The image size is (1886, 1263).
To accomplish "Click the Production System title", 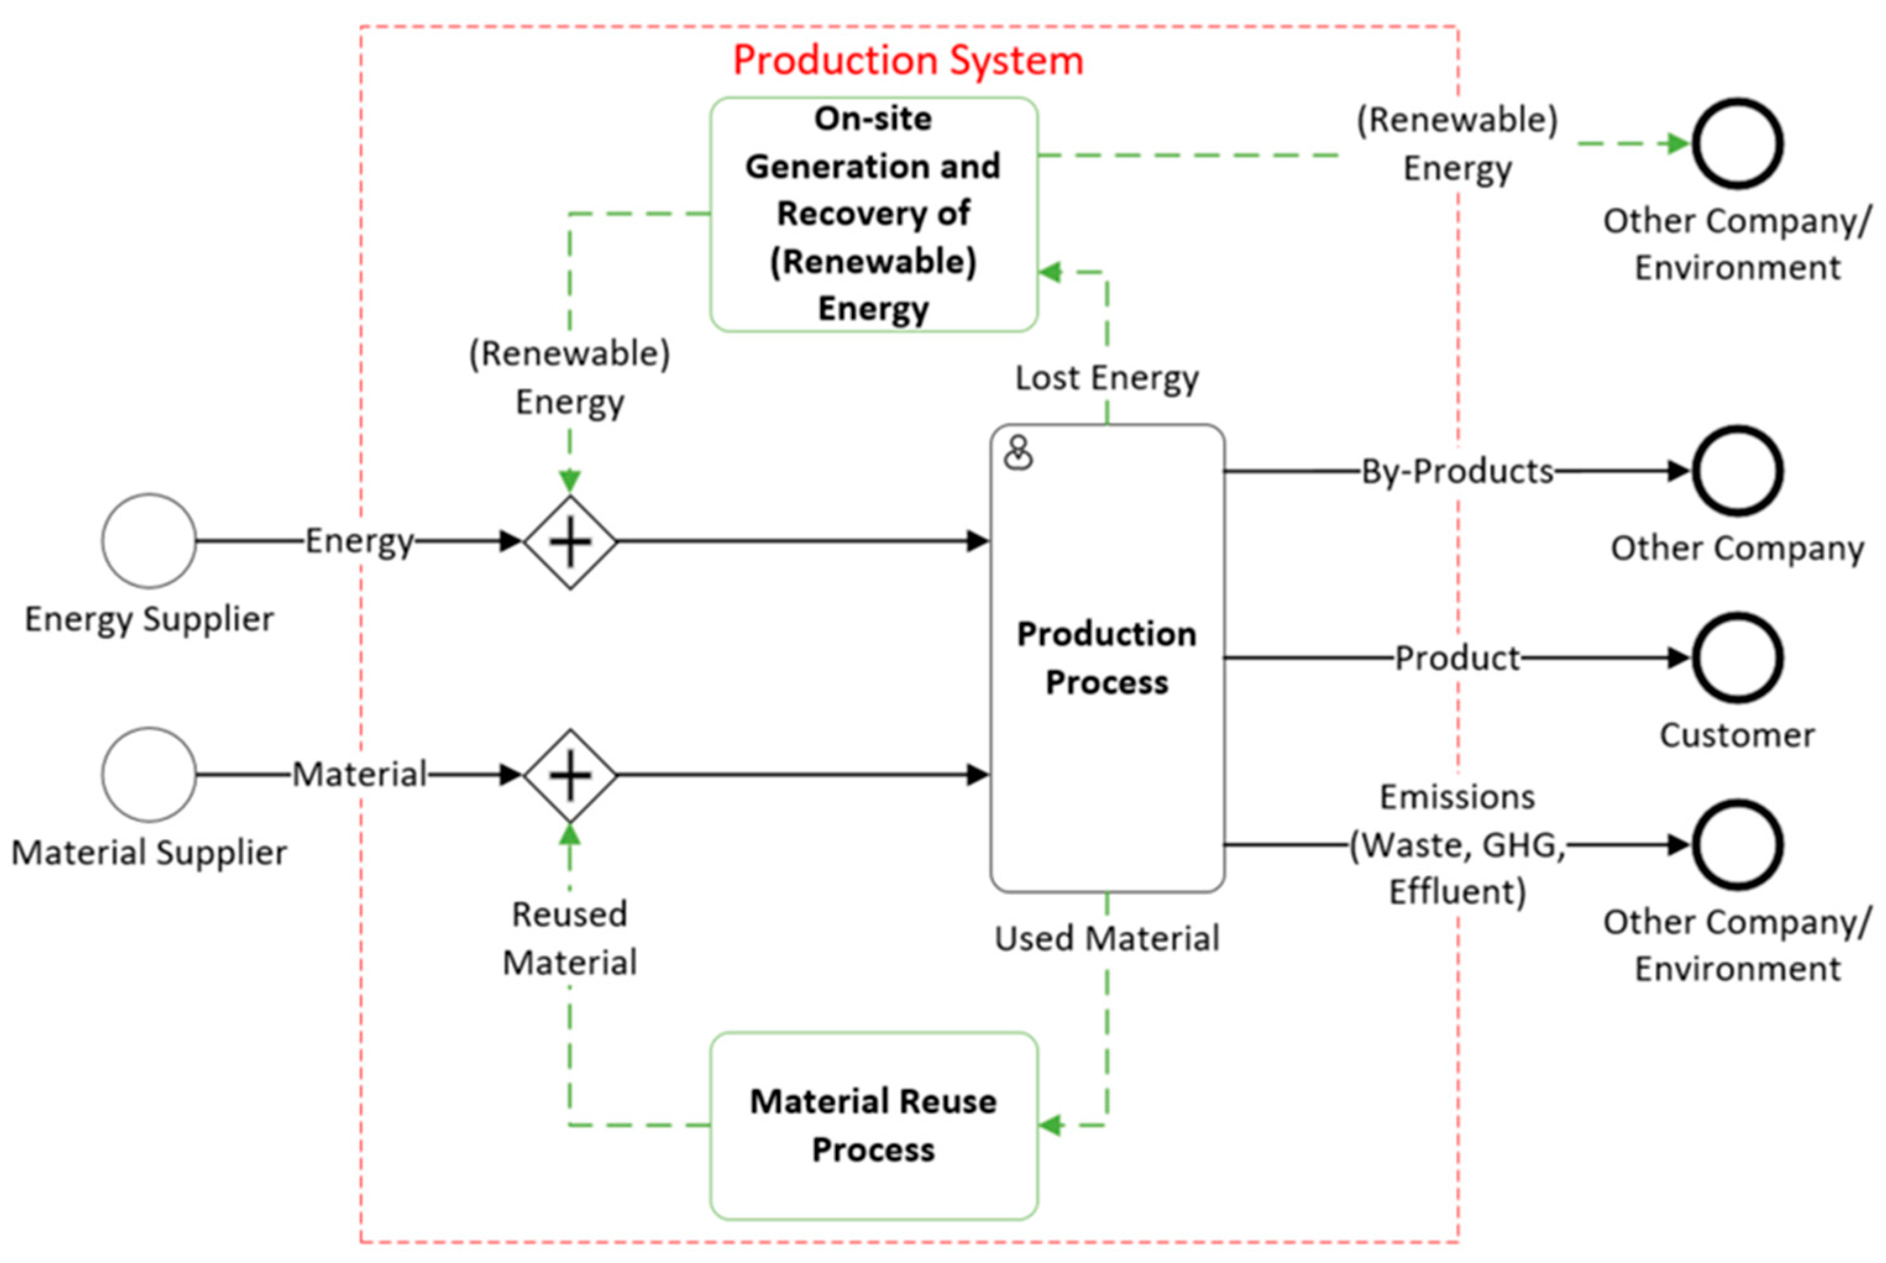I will [907, 61].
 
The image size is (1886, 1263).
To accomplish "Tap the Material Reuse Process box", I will [873, 1125].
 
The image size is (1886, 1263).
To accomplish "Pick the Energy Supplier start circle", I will [149, 541].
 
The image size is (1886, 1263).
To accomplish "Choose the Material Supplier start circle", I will [149, 774].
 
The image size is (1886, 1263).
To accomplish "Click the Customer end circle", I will [1737, 657].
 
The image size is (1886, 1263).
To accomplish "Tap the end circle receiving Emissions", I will [1737, 844].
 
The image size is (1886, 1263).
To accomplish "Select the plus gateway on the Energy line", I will [570, 541].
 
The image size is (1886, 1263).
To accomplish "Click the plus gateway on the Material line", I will [570, 775].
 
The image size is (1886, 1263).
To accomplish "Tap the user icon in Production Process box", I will [1018, 453].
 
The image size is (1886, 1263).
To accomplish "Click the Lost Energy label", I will [1106, 378].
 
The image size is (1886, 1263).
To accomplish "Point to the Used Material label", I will [1106, 939].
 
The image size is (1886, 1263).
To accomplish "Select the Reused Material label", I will [570, 939].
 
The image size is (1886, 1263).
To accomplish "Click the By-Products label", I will [1457, 471].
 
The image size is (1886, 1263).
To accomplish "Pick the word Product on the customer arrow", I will [1457, 658].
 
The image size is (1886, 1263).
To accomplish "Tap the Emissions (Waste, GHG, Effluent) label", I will [1457, 844].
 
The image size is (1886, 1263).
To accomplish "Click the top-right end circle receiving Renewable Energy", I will [1737, 143].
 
